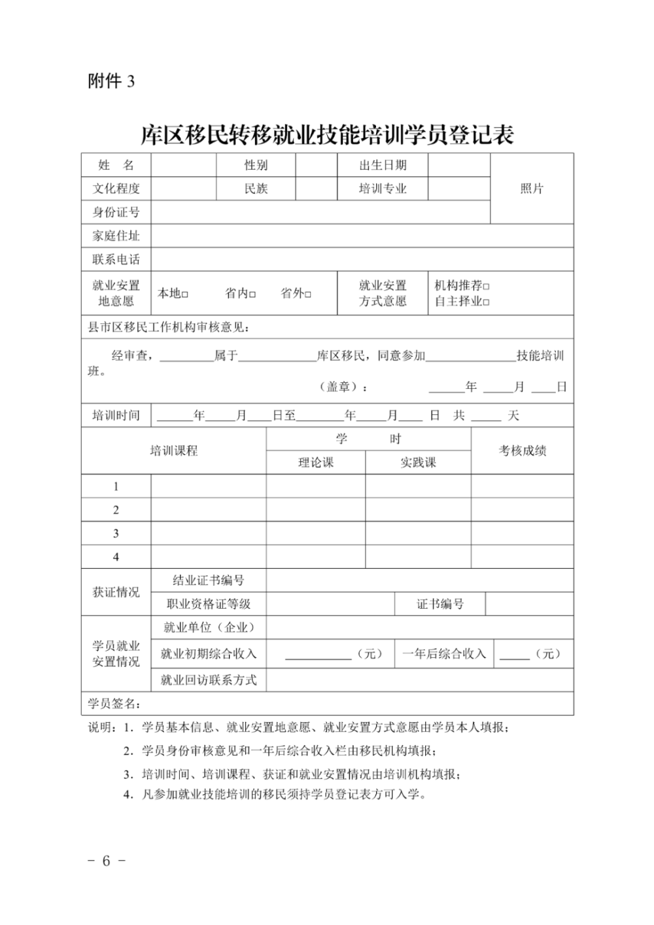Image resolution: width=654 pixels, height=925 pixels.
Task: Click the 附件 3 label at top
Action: pyautogui.click(x=111, y=81)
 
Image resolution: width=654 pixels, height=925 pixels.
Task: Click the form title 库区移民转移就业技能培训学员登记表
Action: pyautogui.click(x=328, y=134)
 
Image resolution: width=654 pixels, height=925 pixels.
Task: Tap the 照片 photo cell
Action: pyautogui.click(x=532, y=189)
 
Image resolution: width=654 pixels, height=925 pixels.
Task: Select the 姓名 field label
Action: pyautogui.click(x=116, y=165)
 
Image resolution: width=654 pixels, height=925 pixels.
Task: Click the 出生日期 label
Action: pyautogui.click(x=383, y=165)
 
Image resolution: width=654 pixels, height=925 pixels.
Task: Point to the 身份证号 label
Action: pyautogui.click(x=116, y=212)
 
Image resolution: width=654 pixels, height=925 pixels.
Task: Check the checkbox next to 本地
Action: pyautogui.click(x=185, y=295)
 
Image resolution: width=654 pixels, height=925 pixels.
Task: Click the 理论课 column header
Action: pyautogui.click(x=316, y=463)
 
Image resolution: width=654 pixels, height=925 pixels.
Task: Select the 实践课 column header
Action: pyautogui.click(x=418, y=463)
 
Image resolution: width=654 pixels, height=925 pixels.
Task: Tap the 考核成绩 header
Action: pyautogui.click(x=523, y=450)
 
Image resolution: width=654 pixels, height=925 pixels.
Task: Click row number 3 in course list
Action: pyautogui.click(x=116, y=534)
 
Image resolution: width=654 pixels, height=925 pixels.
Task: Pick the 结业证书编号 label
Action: pyautogui.click(x=209, y=580)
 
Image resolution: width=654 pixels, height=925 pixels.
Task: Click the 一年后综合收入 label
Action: pyautogui.click(x=444, y=654)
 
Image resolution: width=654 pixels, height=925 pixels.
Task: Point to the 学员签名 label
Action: pyautogui.click(x=114, y=704)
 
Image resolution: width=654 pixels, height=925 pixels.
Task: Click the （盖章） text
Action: pyautogui.click(x=343, y=387)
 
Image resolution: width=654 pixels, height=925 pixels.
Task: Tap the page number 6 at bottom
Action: pyautogui.click(x=106, y=861)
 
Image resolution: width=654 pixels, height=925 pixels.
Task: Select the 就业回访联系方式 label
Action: pyautogui.click(x=209, y=680)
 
